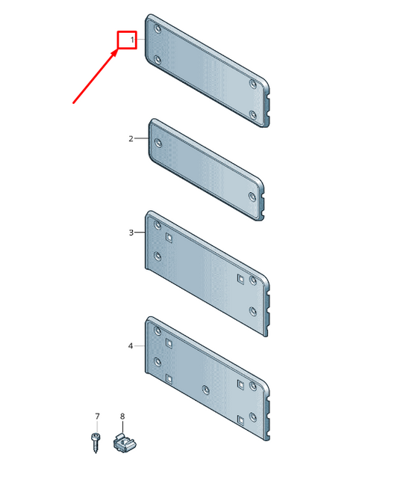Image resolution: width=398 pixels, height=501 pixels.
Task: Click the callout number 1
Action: click(x=132, y=40)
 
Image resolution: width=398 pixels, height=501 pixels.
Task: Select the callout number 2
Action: click(x=131, y=138)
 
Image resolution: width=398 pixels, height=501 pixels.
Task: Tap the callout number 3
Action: click(x=131, y=233)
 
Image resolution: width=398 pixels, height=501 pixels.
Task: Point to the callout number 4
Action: click(x=131, y=346)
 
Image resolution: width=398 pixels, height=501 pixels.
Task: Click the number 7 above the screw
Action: click(x=97, y=417)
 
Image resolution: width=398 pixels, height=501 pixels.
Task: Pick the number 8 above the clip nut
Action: click(x=122, y=417)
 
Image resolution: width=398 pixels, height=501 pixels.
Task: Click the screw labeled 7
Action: click(x=95, y=443)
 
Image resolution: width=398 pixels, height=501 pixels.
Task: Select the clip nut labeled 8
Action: click(x=125, y=443)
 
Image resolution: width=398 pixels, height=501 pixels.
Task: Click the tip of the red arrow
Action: click(x=117, y=49)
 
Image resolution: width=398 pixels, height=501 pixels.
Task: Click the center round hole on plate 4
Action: click(x=206, y=390)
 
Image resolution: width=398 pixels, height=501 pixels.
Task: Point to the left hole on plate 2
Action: click(x=158, y=143)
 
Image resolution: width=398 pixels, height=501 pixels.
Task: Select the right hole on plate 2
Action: click(x=252, y=197)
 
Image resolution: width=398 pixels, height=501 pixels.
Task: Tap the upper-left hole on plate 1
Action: click(x=158, y=29)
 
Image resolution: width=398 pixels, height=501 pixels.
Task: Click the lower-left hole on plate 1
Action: click(x=158, y=60)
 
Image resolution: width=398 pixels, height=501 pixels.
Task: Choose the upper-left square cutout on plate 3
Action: click(x=169, y=238)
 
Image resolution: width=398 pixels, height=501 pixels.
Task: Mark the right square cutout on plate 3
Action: click(x=240, y=279)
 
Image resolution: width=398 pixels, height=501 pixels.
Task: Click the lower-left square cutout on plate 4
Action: click(x=169, y=379)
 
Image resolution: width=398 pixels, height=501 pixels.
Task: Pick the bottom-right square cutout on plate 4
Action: click(x=241, y=420)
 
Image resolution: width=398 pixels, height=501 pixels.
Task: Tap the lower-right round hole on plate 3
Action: click(x=253, y=312)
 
